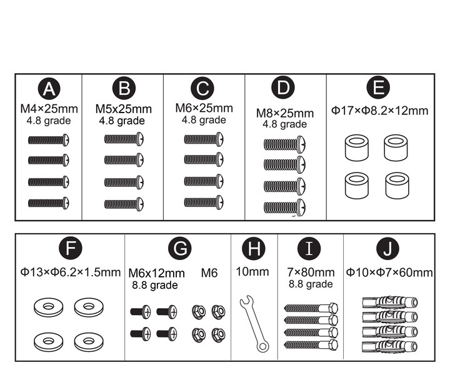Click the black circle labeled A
click(x=49, y=88)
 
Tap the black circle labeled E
click(x=378, y=87)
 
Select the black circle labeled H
click(x=254, y=248)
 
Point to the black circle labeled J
click(x=388, y=248)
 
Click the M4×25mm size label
click(x=49, y=109)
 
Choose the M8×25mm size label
click(x=285, y=113)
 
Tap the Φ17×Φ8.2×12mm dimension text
click(x=380, y=111)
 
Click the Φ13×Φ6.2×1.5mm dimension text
click(x=71, y=272)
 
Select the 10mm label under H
click(x=252, y=272)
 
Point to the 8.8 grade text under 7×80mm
click(x=311, y=284)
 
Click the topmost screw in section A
click(x=49, y=140)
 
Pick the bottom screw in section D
click(x=285, y=207)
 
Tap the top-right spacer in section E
click(x=396, y=148)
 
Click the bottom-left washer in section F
click(x=48, y=341)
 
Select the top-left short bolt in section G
click(x=141, y=312)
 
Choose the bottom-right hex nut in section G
click(x=218, y=335)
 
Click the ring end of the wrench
click(x=263, y=346)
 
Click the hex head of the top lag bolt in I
click(x=333, y=308)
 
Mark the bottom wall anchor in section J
click(x=390, y=346)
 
